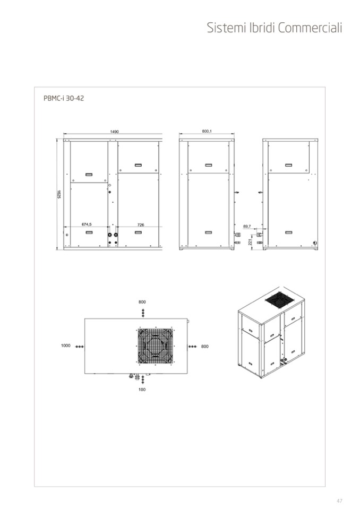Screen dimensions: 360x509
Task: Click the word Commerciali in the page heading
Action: click(310, 28)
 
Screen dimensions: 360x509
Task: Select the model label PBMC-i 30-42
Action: click(64, 98)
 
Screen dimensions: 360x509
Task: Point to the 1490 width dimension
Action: click(114, 132)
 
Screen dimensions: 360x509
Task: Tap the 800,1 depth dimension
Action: click(207, 131)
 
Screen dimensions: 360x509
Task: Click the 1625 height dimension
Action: click(59, 194)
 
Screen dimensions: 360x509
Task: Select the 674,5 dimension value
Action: click(87, 225)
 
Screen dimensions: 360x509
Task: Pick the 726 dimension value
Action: click(141, 225)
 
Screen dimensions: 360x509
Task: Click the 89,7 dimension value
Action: click(247, 226)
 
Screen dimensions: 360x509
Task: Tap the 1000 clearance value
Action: click(65, 346)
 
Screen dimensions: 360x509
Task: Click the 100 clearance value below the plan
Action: click(142, 389)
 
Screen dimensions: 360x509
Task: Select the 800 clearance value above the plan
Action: click(142, 302)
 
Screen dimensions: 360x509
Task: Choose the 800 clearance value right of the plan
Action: click(205, 347)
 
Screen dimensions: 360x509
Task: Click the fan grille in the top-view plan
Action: click(156, 346)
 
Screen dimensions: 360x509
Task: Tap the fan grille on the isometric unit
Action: click(280, 300)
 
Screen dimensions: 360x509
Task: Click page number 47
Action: click(339, 501)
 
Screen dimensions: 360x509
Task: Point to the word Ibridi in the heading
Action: click(262, 28)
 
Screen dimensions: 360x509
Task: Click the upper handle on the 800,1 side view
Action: click(208, 165)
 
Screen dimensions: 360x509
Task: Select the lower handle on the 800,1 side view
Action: click(208, 232)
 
